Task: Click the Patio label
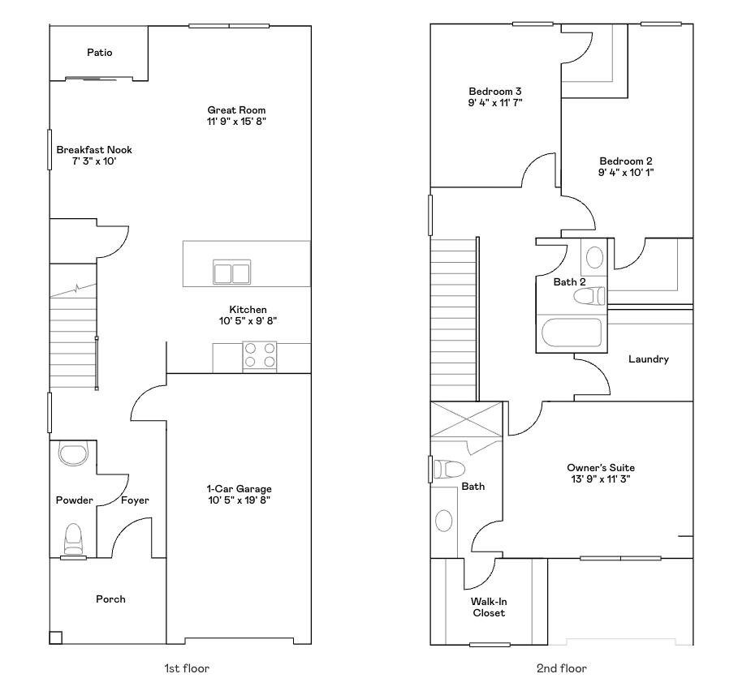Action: (99, 53)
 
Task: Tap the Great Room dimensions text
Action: (236, 122)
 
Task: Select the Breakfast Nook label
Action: (94, 150)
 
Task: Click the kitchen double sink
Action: (231, 272)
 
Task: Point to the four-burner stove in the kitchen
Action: (260, 356)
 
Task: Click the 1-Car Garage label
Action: (239, 489)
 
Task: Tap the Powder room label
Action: (74, 500)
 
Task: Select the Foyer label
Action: (135, 500)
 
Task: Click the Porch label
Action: (110, 599)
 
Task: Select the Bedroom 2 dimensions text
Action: (626, 172)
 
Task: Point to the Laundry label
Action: (648, 358)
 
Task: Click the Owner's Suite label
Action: (600, 468)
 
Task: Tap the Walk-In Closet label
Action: (489, 607)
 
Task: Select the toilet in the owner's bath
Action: (449, 469)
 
